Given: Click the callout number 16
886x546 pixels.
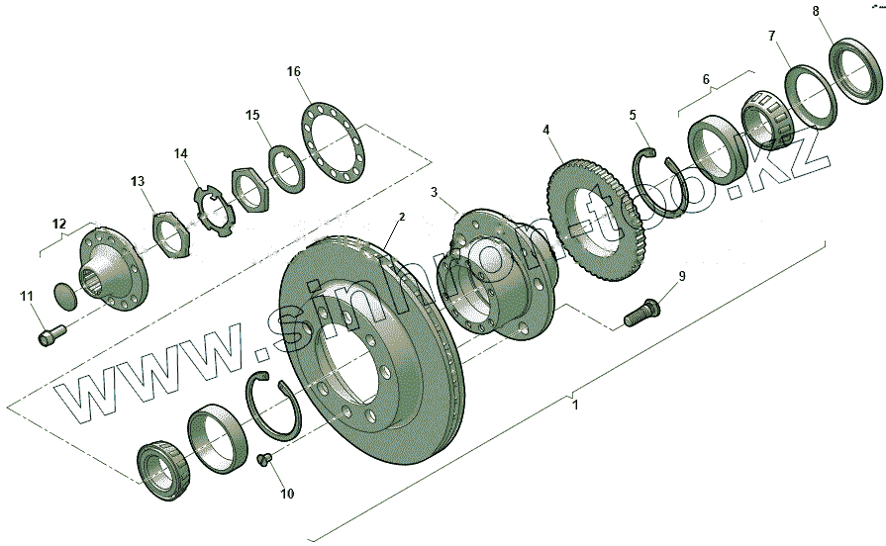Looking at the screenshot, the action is (294, 71).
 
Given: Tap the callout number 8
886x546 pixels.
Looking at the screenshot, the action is (816, 11).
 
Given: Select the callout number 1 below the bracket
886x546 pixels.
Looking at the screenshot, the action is (575, 405).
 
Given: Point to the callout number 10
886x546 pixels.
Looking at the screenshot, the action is (287, 494).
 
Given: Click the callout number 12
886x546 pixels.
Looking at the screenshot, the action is (59, 223).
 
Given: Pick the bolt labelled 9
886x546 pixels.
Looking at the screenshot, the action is (642, 313).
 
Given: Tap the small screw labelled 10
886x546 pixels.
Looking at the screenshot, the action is (263, 459).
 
